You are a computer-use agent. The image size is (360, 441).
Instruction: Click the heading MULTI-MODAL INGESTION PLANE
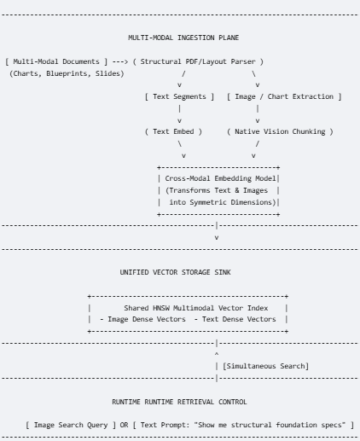coord(183,38)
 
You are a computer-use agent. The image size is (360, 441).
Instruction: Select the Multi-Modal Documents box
coord(56,61)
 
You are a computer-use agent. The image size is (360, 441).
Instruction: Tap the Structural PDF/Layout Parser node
coord(198,61)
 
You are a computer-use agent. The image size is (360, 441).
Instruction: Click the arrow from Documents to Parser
coord(120,61)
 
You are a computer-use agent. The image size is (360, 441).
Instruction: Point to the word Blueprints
coord(67,73)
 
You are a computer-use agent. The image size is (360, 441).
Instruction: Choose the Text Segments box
coord(179,96)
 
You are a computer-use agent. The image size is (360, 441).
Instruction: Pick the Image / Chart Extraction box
coord(284,96)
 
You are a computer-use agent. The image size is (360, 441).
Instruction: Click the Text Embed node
coord(173,131)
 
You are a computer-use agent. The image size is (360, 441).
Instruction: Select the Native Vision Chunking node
coord(280,131)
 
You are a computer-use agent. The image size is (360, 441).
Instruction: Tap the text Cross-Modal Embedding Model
coord(220,178)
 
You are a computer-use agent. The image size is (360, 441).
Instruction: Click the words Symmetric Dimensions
coord(231,202)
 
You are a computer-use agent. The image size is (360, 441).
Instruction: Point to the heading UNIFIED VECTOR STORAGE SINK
coord(175,272)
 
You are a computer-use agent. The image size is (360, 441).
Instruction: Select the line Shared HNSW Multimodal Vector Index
coord(196,308)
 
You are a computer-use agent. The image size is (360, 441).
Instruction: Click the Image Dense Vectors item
coord(142,319)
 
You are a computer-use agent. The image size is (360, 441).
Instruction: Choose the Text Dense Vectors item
coord(235,319)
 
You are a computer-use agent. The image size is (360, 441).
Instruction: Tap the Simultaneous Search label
coord(265,366)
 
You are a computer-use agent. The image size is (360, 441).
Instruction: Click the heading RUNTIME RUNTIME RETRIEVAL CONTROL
coord(179,402)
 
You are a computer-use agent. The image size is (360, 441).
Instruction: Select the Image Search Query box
coord(71,425)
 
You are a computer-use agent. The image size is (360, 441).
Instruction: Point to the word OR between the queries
coord(124,425)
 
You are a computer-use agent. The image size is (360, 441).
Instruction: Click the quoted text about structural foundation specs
coord(270,425)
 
